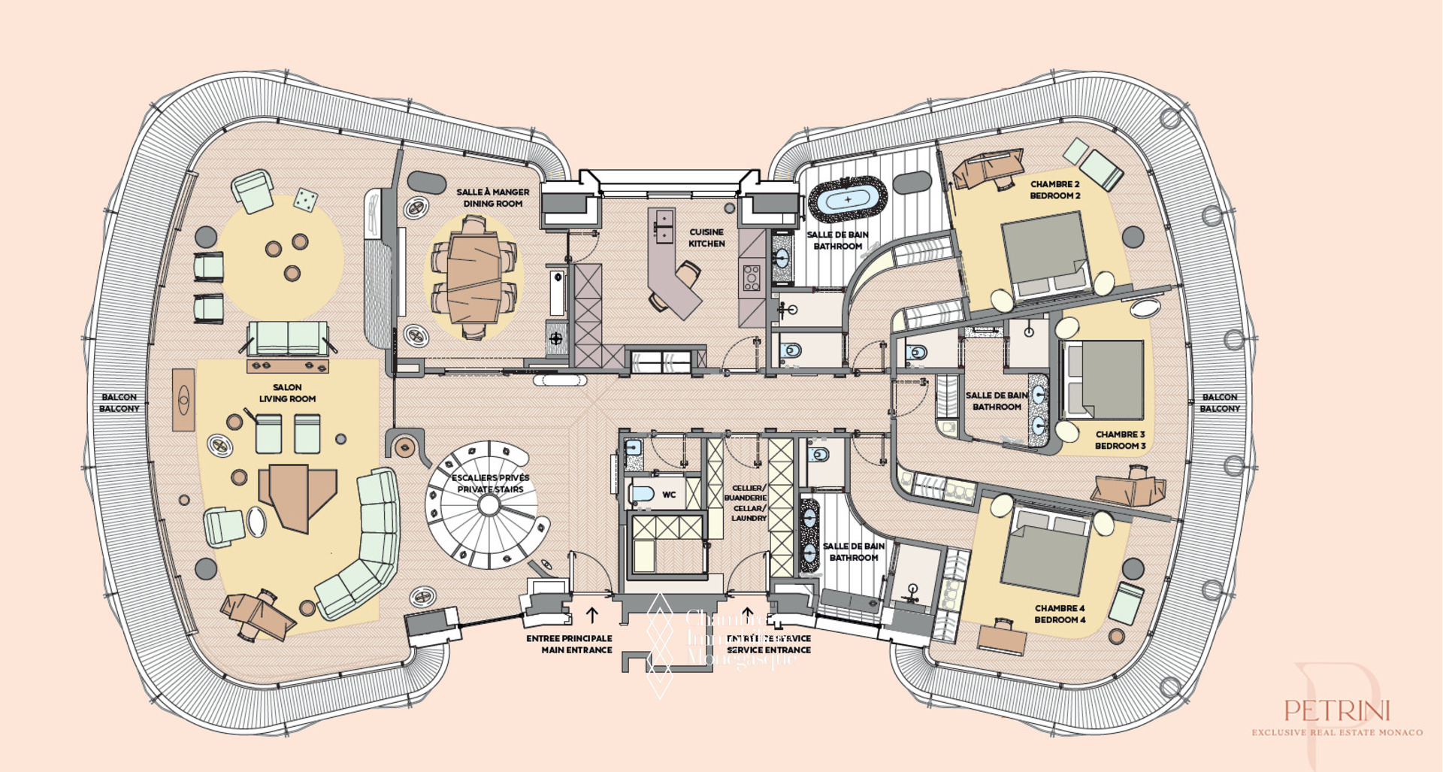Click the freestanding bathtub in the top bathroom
(x=848, y=199)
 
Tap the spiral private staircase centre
(x=489, y=505)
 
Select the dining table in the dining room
(x=473, y=277)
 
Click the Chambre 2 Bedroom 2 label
(x=1054, y=189)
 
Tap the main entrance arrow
(x=592, y=615)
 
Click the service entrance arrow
(x=747, y=615)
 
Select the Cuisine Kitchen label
(x=706, y=238)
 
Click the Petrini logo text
(x=1337, y=710)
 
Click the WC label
(x=669, y=495)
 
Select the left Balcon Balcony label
(x=119, y=403)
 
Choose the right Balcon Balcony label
(x=1219, y=403)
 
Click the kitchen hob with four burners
(x=752, y=277)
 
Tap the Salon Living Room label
(x=287, y=393)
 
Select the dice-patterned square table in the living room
(x=304, y=199)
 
